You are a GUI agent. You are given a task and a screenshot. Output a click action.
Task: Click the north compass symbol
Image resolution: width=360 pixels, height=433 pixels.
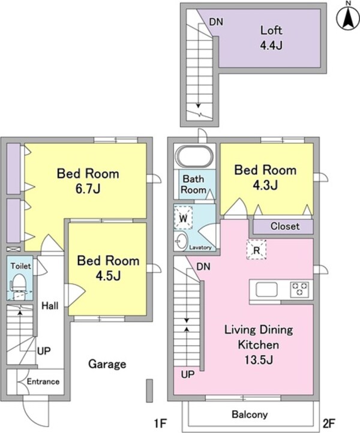(348, 17)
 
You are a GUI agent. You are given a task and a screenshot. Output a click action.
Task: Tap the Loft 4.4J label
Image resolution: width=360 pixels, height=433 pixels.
(271, 38)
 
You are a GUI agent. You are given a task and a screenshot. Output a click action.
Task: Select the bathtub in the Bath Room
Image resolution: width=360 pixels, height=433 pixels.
(195, 157)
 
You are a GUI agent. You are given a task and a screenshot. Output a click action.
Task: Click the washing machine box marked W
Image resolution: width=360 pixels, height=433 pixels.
(183, 218)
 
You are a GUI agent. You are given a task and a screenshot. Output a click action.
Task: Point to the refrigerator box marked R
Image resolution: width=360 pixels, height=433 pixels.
(256, 249)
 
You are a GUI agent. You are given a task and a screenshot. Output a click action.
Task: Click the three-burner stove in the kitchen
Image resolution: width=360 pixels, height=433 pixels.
(299, 290)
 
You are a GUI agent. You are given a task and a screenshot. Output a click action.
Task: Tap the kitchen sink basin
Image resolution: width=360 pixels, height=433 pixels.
(266, 290)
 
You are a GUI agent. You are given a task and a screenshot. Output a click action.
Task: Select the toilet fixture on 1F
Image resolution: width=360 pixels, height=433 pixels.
(19, 285)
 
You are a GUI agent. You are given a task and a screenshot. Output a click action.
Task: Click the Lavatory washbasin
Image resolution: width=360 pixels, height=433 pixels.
(181, 242)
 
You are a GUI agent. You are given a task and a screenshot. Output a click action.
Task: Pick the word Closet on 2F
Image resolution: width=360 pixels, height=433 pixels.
(285, 226)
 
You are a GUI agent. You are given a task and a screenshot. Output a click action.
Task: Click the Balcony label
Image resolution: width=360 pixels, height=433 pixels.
(250, 414)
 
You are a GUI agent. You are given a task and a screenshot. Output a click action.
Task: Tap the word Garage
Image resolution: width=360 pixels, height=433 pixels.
(107, 364)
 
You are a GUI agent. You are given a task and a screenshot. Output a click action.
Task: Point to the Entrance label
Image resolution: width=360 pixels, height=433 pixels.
(43, 381)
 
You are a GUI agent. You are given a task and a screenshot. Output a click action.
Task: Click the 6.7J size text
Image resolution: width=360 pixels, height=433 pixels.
(88, 188)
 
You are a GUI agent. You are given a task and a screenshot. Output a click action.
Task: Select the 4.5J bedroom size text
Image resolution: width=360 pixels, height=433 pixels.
(108, 275)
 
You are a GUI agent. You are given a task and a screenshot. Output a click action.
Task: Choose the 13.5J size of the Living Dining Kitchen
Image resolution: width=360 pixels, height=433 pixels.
(259, 360)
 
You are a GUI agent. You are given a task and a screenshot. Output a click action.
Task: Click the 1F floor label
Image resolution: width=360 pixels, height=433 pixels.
(160, 423)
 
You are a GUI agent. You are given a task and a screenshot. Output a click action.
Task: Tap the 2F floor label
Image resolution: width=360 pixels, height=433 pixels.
(329, 423)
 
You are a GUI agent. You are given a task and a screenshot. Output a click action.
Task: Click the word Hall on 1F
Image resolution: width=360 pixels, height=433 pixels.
(50, 306)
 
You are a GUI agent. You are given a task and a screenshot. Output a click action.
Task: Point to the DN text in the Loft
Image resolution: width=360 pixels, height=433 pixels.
(216, 22)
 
